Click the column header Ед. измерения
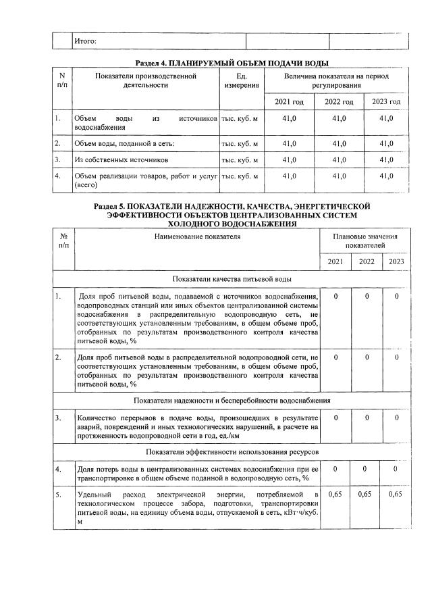(241, 82)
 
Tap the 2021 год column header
(289, 102)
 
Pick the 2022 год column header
(339, 102)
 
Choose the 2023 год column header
(386, 102)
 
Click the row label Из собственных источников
(121, 160)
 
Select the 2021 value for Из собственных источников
(289, 160)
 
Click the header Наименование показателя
(196, 237)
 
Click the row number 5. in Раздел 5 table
(59, 495)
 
